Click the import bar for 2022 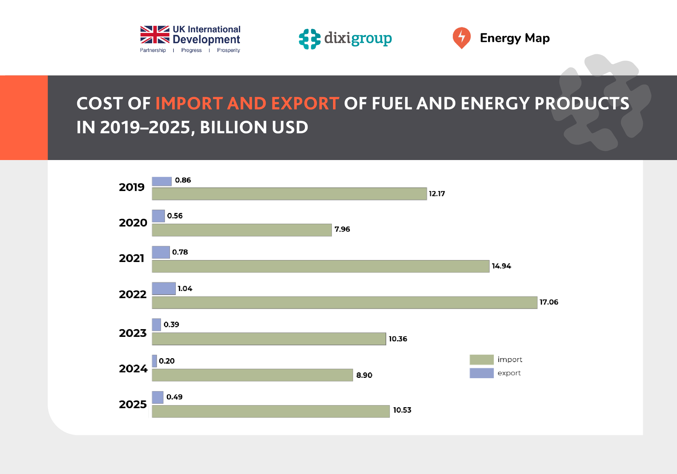[344, 303]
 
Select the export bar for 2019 [162, 181]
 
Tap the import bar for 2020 [242, 230]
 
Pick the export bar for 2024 [154, 361]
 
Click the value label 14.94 [501, 266]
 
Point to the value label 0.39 [171, 324]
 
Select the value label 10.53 [402, 410]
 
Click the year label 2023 [132, 333]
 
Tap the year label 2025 [132, 404]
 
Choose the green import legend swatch [481, 359]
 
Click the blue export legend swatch [481, 373]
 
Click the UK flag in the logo [155, 35]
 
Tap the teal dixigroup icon [309, 39]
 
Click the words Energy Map [515, 38]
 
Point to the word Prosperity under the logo [228, 50]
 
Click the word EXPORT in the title [305, 104]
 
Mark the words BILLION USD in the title [254, 127]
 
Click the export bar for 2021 [161, 252]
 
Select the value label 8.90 [364, 375]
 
